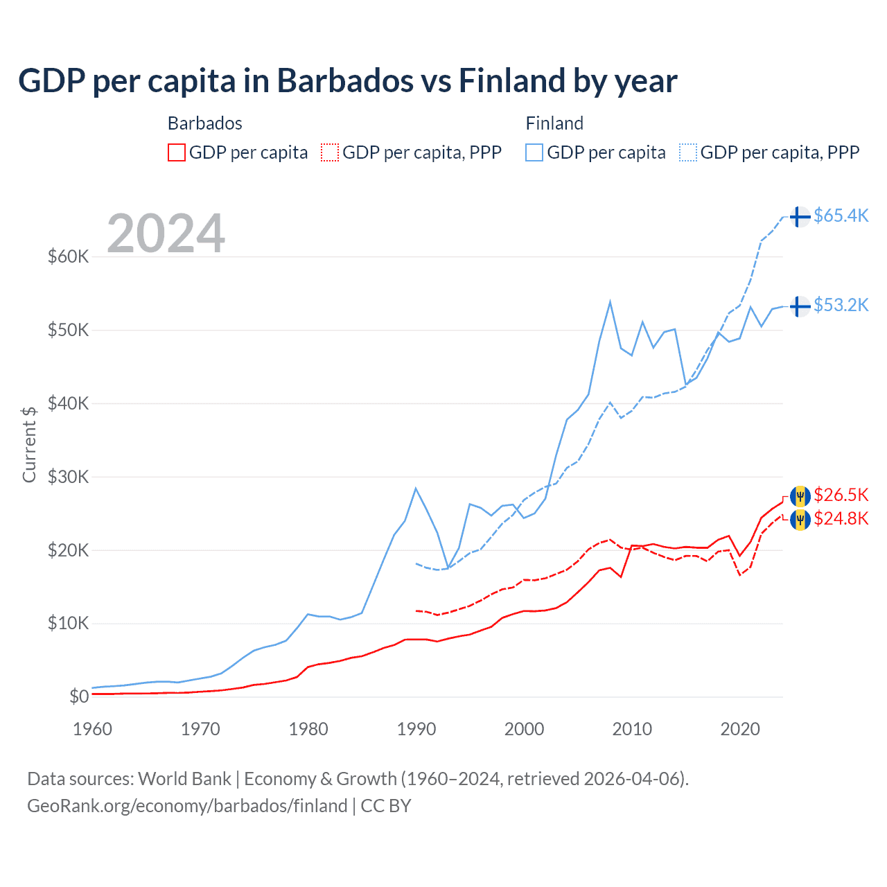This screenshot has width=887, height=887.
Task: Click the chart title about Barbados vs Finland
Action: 347,81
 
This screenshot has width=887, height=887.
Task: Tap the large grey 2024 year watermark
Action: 166,234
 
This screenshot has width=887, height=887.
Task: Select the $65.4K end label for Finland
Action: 841,216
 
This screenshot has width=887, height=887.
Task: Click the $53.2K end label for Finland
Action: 841,305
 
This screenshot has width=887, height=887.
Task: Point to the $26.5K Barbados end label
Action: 841,495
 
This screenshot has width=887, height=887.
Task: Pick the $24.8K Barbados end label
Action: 841,518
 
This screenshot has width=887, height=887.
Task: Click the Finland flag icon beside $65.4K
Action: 800,217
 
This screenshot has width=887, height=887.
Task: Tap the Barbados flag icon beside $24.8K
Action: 800,519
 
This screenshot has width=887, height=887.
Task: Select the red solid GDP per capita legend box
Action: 177,152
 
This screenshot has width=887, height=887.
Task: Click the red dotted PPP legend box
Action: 330,152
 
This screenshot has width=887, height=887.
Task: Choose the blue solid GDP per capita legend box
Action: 534,152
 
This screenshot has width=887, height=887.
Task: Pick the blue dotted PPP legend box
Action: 688,152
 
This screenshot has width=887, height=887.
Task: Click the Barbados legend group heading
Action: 205,123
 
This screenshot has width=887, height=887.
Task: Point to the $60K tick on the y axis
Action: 69,257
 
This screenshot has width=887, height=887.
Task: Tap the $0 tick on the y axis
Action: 79,696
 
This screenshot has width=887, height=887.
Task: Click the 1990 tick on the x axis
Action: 416,729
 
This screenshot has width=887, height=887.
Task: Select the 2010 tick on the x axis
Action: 632,729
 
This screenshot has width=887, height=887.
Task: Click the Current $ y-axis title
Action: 29,444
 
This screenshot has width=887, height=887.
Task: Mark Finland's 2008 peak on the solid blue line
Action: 610,301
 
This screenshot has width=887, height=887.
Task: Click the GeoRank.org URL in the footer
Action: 187,806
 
